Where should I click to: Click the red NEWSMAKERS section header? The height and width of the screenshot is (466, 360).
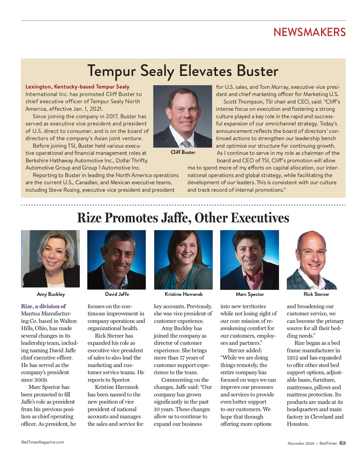(309, 32)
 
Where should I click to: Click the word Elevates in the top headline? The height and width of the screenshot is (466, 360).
(205, 71)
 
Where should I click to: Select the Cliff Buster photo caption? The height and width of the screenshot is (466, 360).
(183, 152)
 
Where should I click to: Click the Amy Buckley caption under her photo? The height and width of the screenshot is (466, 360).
(51, 294)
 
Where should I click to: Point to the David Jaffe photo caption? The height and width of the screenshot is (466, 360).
(117, 294)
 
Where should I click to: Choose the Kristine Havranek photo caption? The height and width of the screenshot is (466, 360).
(184, 294)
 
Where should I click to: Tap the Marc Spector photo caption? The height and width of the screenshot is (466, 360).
(250, 294)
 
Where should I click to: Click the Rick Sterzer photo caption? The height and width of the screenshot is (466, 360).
(316, 294)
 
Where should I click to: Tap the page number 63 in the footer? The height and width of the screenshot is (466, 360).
(342, 443)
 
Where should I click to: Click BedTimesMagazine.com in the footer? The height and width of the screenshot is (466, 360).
(43, 442)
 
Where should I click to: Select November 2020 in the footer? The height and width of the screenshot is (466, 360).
(301, 443)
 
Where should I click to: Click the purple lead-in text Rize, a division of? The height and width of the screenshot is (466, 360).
(43, 306)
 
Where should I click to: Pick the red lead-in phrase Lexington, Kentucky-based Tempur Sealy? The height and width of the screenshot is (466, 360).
(77, 87)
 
